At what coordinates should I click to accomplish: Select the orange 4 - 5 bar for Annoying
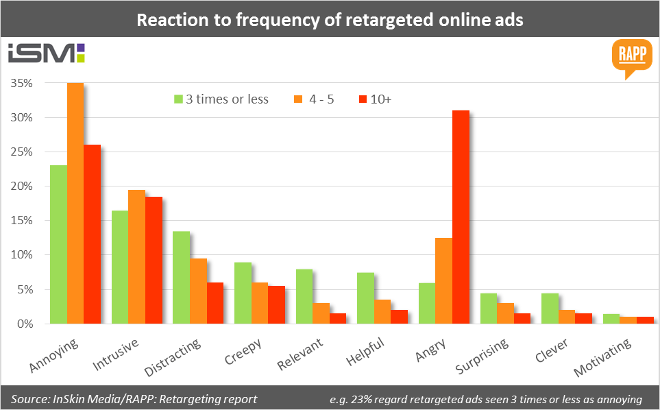tap(75, 203)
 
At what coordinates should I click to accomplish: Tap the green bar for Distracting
tap(181, 277)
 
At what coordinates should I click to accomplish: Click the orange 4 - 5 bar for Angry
tap(443, 280)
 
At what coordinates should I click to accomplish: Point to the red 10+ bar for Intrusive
tap(154, 260)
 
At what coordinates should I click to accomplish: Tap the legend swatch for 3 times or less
tap(178, 99)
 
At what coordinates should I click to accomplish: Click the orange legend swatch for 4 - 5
tap(299, 99)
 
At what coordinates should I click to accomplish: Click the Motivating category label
tap(603, 355)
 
